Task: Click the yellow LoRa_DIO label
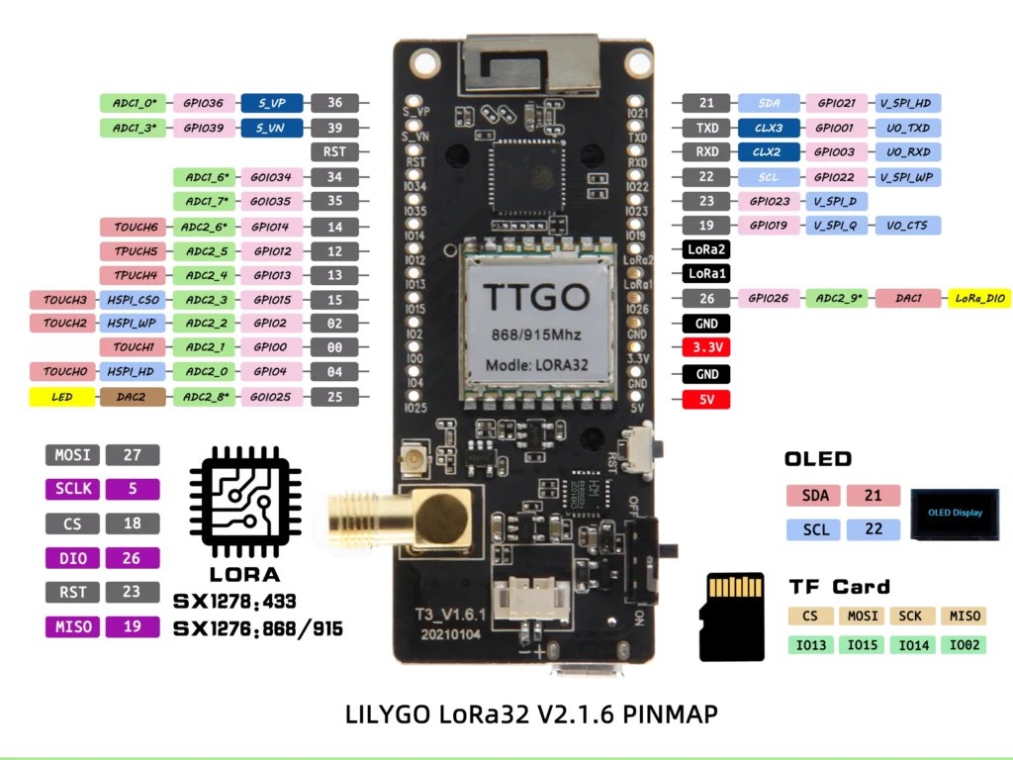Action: click(x=979, y=298)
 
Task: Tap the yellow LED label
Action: click(x=63, y=397)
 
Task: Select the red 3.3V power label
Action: click(x=706, y=348)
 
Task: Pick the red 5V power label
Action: click(x=706, y=400)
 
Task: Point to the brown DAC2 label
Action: click(x=134, y=397)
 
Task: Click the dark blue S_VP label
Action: click(x=271, y=102)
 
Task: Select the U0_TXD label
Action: click(x=907, y=128)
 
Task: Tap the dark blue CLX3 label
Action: click(x=768, y=128)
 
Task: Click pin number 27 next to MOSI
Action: click(x=132, y=455)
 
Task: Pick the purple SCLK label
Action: click(x=72, y=489)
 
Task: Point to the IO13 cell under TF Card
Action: click(x=810, y=645)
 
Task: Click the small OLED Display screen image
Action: click(x=955, y=514)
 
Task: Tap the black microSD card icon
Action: click(x=731, y=617)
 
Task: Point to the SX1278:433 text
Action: click(x=234, y=601)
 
